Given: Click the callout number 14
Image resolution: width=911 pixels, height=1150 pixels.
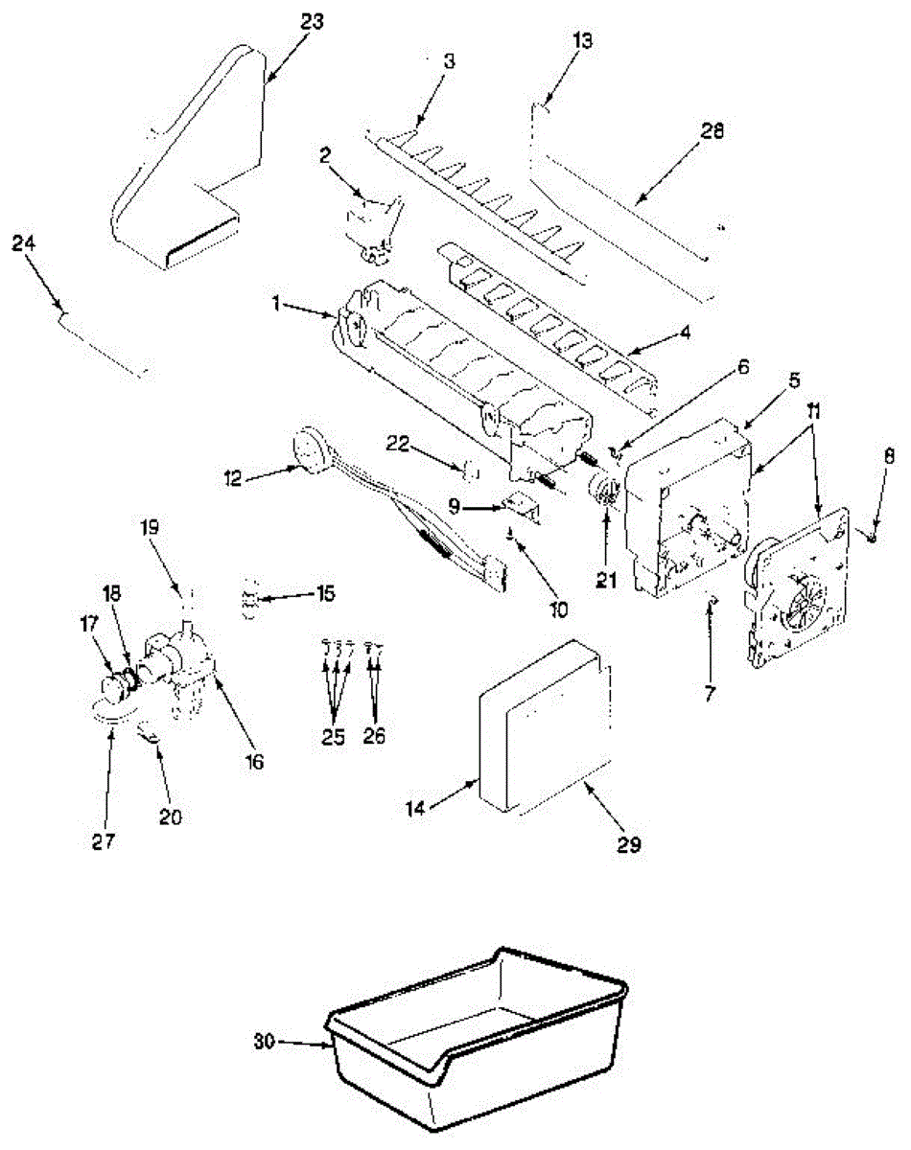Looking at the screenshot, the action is coord(415,808).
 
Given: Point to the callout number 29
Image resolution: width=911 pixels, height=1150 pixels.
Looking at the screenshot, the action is coord(628,845).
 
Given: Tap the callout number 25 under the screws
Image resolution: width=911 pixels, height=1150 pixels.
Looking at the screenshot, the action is coord(333,737).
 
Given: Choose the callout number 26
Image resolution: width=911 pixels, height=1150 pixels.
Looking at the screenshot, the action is coord(374,736).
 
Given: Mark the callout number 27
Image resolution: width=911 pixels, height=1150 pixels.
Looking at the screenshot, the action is coord(104,841).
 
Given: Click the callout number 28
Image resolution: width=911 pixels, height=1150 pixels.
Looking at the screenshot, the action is coord(712,130).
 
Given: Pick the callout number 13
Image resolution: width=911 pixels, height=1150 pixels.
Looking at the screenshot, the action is coord(582,40).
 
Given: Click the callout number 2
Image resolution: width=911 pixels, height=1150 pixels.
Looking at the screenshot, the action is coord(325,155).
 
